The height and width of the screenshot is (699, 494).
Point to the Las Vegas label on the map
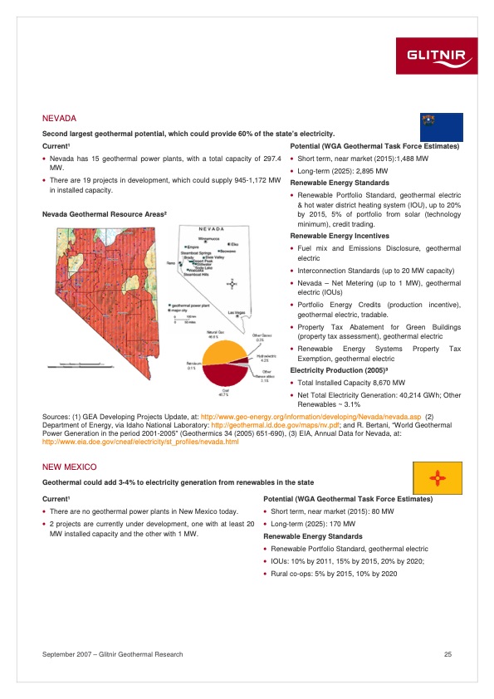click(236, 312)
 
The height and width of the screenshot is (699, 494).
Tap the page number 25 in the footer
click(447, 655)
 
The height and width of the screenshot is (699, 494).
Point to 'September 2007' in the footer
click(66, 655)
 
